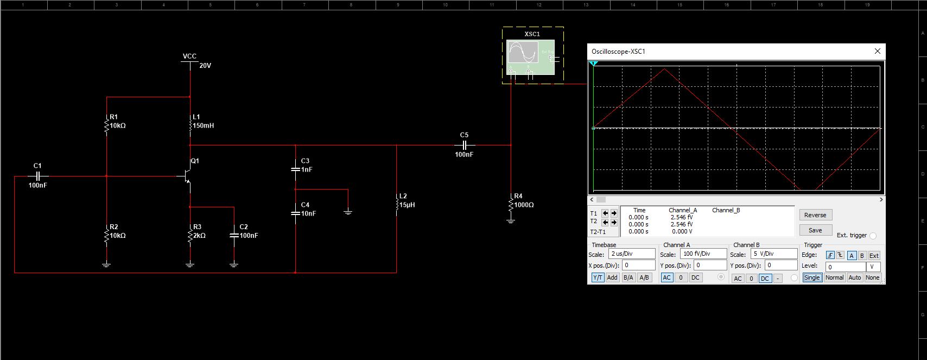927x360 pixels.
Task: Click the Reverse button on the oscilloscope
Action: pyautogui.click(x=815, y=215)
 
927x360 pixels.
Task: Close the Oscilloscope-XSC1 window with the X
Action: pyautogui.click(x=877, y=51)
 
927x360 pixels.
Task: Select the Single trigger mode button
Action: pyautogui.click(x=812, y=277)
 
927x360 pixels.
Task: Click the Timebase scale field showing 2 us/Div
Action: pyautogui.click(x=632, y=254)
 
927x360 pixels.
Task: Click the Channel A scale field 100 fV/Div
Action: pyautogui.click(x=703, y=254)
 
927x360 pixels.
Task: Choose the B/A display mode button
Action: pyautogui.click(x=628, y=277)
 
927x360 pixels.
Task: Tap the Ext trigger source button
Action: pyautogui.click(x=874, y=256)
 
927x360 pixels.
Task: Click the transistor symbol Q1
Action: pyautogui.click(x=187, y=176)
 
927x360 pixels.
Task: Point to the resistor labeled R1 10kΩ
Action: pyautogui.click(x=107, y=126)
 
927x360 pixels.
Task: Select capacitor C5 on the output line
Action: pyautogui.click(x=464, y=145)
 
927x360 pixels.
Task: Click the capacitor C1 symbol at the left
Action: pyautogui.click(x=37, y=176)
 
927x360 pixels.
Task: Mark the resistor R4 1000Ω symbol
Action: pyautogui.click(x=511, y=205)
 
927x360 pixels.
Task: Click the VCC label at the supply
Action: pyautogui.click(x=189, y=56)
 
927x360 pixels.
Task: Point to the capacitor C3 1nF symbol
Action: pyautogui.click(x=295, y=169)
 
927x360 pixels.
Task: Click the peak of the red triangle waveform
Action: pyautogui.click(x=665, y=69)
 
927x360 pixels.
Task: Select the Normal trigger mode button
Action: pyautogui.click(x=834, y=277)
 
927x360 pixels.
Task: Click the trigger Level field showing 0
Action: pyautogui.click(x=845, y=267)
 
